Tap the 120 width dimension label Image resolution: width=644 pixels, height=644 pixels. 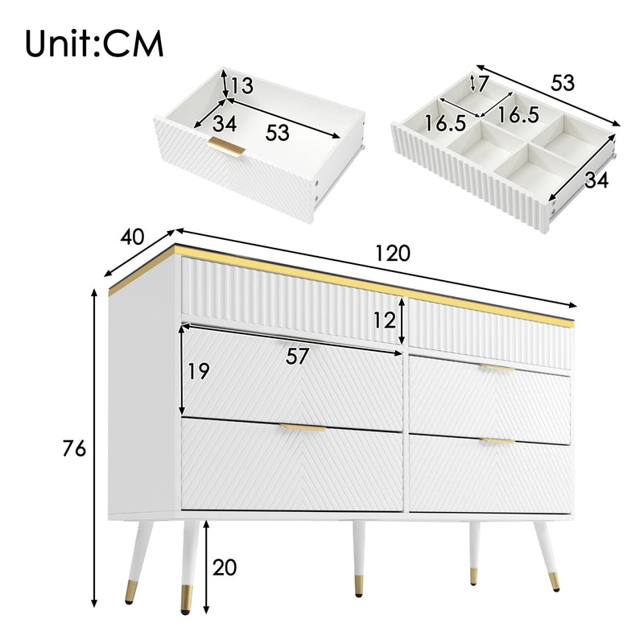pos(392,254)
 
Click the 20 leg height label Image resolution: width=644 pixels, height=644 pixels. pos(225,568)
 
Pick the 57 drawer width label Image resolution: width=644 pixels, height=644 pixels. pos(298,357)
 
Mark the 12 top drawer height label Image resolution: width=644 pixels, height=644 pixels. pos(385,321)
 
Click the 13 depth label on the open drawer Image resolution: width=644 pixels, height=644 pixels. pos(242,85)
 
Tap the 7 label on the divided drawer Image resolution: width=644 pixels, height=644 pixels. pos(482,83)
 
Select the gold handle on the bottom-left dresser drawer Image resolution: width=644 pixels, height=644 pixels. pos(303,428)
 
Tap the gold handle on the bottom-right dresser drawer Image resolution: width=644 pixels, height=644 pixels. pos(497,441)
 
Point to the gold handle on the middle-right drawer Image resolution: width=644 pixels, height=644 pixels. pos(496,368)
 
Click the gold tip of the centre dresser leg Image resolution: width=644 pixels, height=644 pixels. pos(358,586)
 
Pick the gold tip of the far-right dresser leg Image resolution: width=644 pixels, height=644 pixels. pos(554,582)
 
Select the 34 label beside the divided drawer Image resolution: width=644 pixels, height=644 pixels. pos(597,181)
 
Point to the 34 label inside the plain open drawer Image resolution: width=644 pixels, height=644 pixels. pos(225,125)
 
